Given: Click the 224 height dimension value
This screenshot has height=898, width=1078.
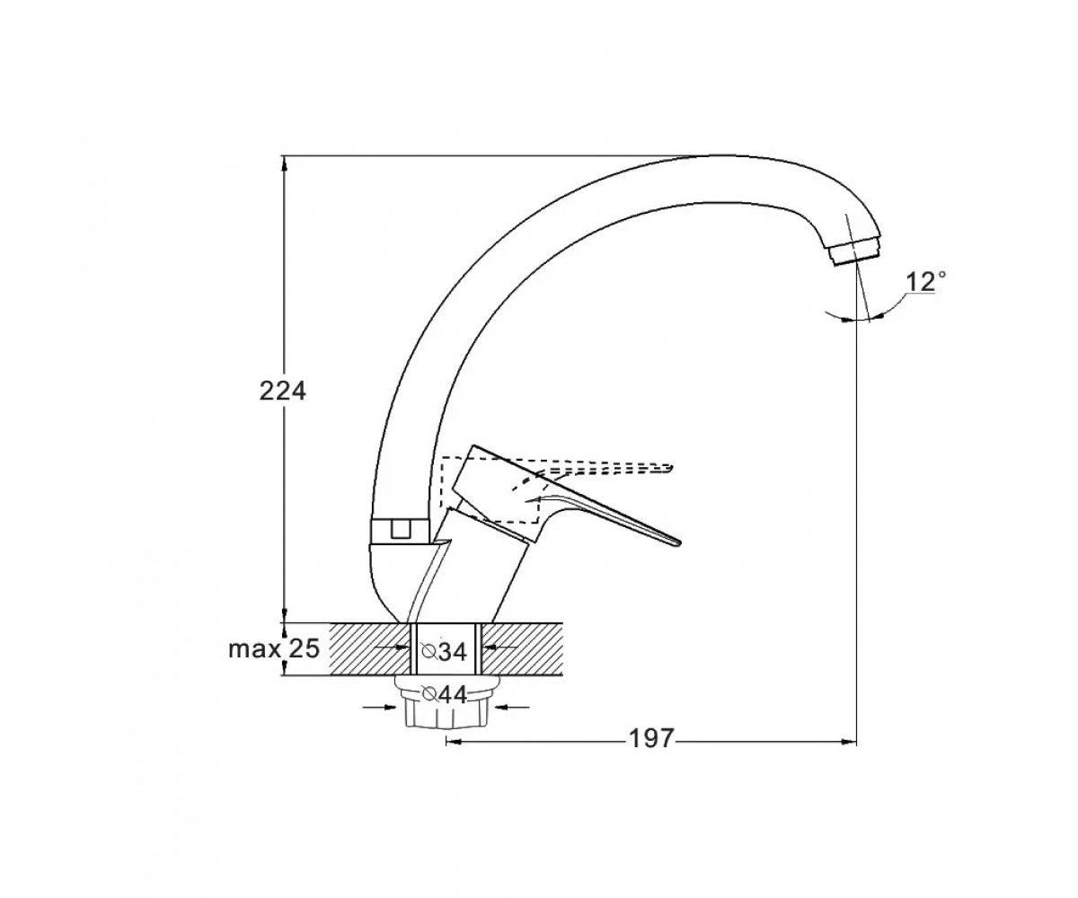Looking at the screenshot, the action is click(x=282, y=392).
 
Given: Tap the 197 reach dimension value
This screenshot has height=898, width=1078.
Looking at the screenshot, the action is click(x=651, y=739).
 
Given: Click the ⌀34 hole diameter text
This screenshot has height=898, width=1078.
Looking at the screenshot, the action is click(x=444, y=652).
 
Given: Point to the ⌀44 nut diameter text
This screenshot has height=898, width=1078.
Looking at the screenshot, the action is click(x=444, y=695).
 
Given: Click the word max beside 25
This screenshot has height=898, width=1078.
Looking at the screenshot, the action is click(x=254, y=649).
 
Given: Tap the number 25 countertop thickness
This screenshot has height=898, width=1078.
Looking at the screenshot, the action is click(x=304, y=648).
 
